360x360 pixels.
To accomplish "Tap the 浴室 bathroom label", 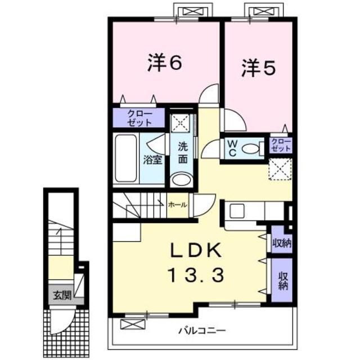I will coord(152,159).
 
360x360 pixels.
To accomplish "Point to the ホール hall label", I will coord(178,205).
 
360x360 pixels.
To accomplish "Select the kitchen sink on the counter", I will coord(236,213).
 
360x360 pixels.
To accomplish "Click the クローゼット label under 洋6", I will coord(138,117).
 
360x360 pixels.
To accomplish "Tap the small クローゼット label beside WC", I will coord(281,145).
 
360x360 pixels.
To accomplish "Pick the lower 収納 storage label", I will coord(282,280).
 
